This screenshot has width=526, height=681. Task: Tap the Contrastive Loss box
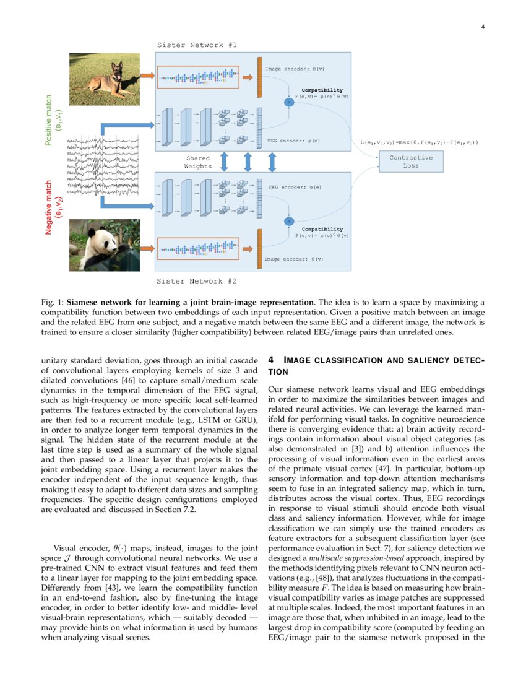click(411, 162)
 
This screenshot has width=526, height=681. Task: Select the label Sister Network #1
click(196, 45)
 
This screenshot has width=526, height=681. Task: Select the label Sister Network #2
click(196, 281)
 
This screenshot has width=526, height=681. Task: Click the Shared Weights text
click(198, 162)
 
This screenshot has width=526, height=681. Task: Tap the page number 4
click(482, 26)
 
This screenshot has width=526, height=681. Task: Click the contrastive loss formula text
click(419, 142)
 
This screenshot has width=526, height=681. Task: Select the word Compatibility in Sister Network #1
click(322, 90)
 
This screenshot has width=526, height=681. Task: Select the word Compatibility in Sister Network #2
click(322, 229)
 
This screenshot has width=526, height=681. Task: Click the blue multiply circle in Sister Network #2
click(288, 221)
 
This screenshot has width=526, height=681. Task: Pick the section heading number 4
click(271, 360)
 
